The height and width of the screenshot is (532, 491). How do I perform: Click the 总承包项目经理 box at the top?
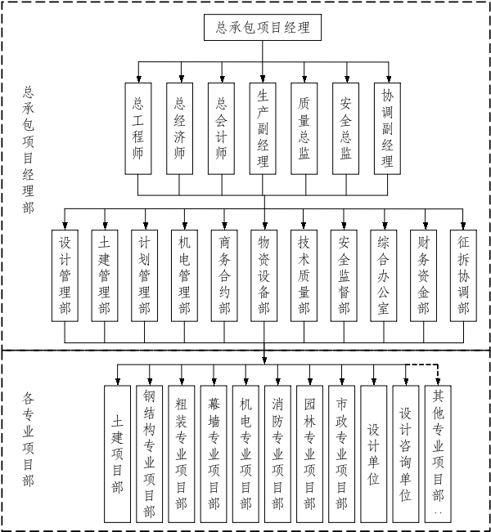click(263, 27)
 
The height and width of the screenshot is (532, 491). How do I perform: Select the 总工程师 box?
click(137, 128)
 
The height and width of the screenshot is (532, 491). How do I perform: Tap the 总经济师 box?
click(179, 128)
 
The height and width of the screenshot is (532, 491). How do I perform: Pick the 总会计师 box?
click(221, 128)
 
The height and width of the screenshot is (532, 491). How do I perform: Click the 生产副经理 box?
click(263, 127)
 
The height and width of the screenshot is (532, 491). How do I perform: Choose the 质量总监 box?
click(304, 128)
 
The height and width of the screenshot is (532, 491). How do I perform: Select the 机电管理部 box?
click(184, 276)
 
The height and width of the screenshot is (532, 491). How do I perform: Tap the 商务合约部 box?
click(224, 276)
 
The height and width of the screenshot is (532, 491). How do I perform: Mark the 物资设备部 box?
click(264, 276)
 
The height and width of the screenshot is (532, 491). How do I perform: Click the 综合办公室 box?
click(383, 276)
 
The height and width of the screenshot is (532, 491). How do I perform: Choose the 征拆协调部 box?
click(463, 276)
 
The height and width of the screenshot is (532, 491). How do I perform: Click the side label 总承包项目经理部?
click(28, 150)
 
